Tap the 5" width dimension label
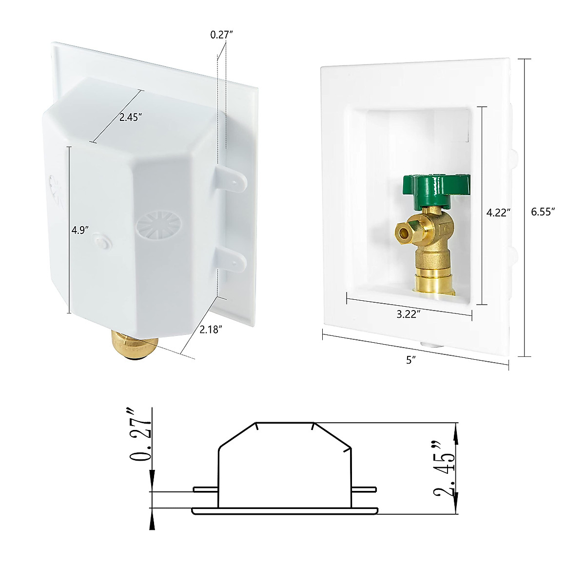pyautogui.click(x=411, y=360)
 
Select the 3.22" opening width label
pyautogui.click(x=409, y=314)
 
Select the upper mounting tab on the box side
pyautogui.click(x=232, y=181)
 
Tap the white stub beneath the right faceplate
pyautogui.click(x=429, y=344)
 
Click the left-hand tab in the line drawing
pyautogui.click(x=205, y=489)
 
